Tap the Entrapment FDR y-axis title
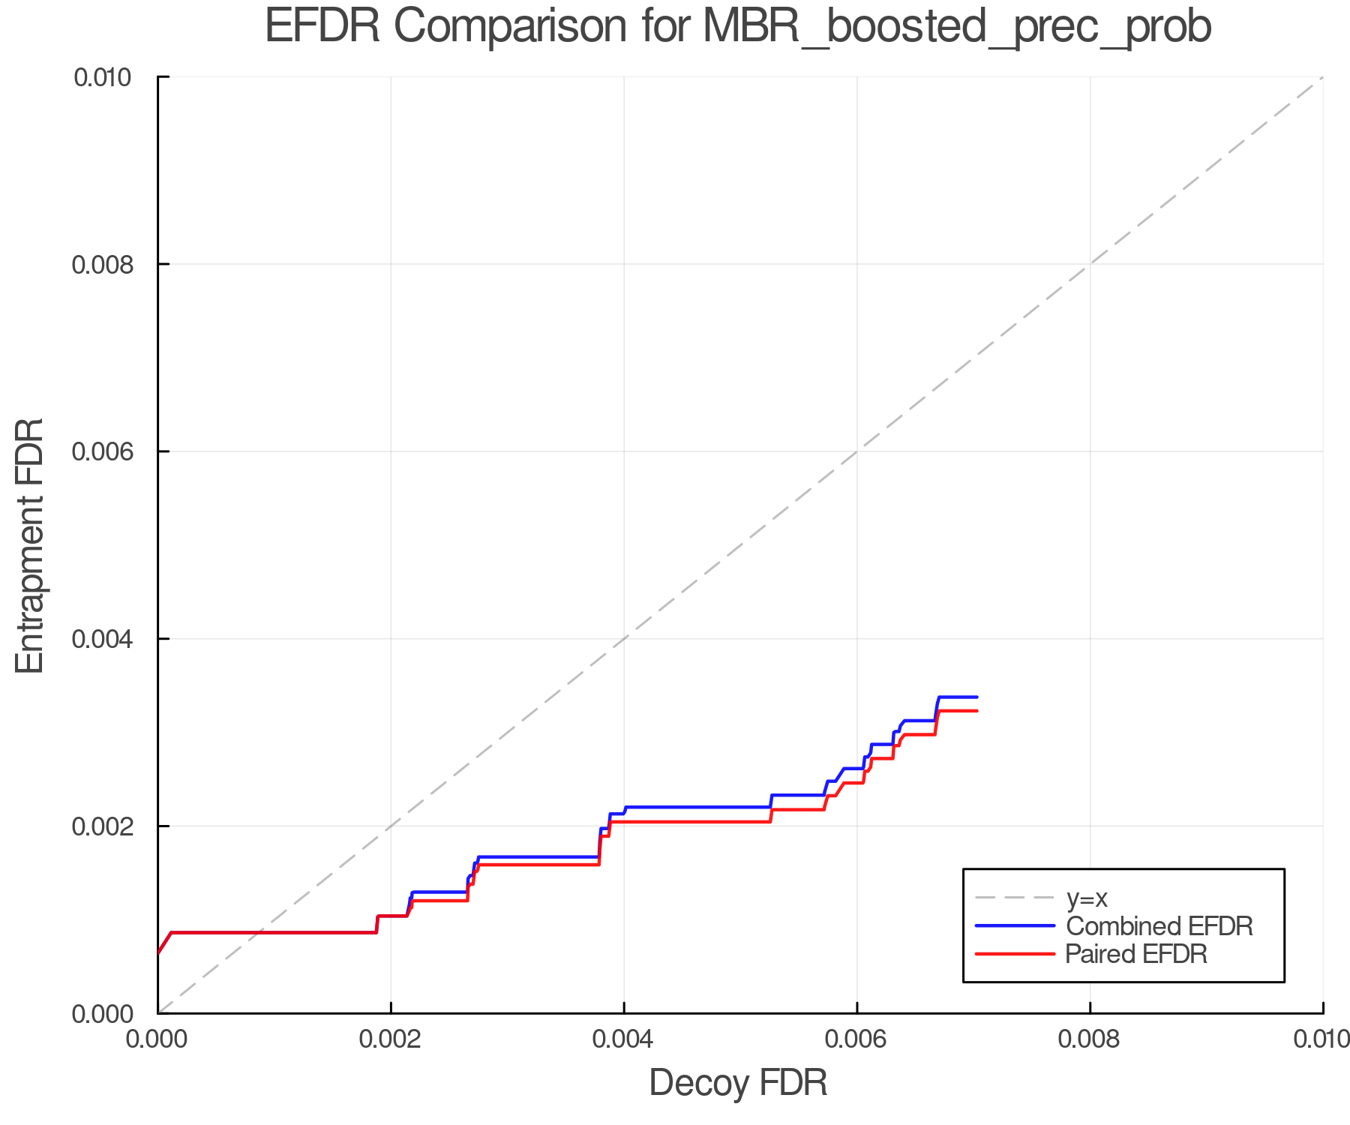pos(30,545)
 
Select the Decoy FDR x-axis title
pos(738,1083)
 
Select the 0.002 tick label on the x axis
pos(391,1039)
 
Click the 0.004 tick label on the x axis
pos(624,1039)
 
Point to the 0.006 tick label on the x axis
pos(857,1039)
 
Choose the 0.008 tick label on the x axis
pos(1090,1039)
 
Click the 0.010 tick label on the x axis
pos(1321,1039)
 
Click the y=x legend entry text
pos(1087,898)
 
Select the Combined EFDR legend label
pos(1159,926)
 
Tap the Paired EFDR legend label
pos(1136,954)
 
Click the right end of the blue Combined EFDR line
pos(976,697)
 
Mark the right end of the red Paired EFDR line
pos(976,710)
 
